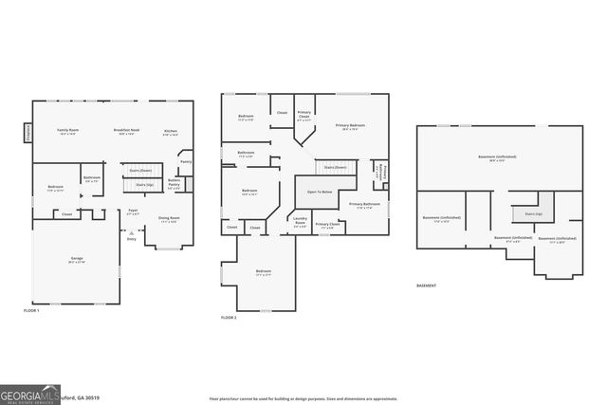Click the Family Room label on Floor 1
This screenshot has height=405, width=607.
(67, 132)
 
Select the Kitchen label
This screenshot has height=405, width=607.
(171, 132)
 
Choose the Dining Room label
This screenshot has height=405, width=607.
(170, 219)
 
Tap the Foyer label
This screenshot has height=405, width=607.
(133, 212)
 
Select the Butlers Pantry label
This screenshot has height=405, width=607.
(175, 183)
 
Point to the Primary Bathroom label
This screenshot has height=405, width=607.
(364, 206)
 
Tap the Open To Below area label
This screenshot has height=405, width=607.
(319, 192)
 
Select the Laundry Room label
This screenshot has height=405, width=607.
(300, 225)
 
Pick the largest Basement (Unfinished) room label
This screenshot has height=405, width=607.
(497, 158)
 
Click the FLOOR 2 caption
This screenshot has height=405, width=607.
(229, 317)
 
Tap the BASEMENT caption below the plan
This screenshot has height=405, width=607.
(427, 285)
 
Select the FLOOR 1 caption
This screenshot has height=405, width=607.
(32, 310)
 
